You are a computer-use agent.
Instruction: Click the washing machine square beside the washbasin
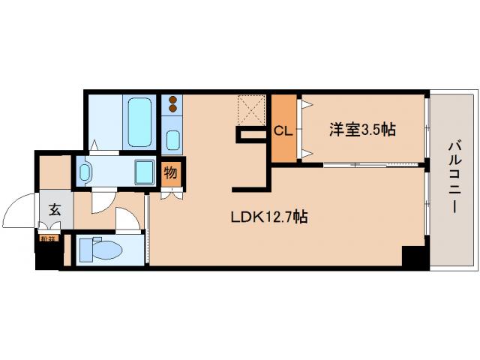(144, 172)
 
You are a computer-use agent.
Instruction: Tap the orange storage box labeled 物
(171, 174)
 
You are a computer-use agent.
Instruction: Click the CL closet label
(283, 130)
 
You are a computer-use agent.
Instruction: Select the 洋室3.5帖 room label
(361, 129)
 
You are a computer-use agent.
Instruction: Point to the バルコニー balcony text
(455, 175)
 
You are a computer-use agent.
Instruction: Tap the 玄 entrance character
(55, 210)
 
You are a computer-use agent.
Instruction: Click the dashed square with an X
(253, 110)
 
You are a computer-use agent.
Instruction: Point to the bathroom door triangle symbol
(95, 145)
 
